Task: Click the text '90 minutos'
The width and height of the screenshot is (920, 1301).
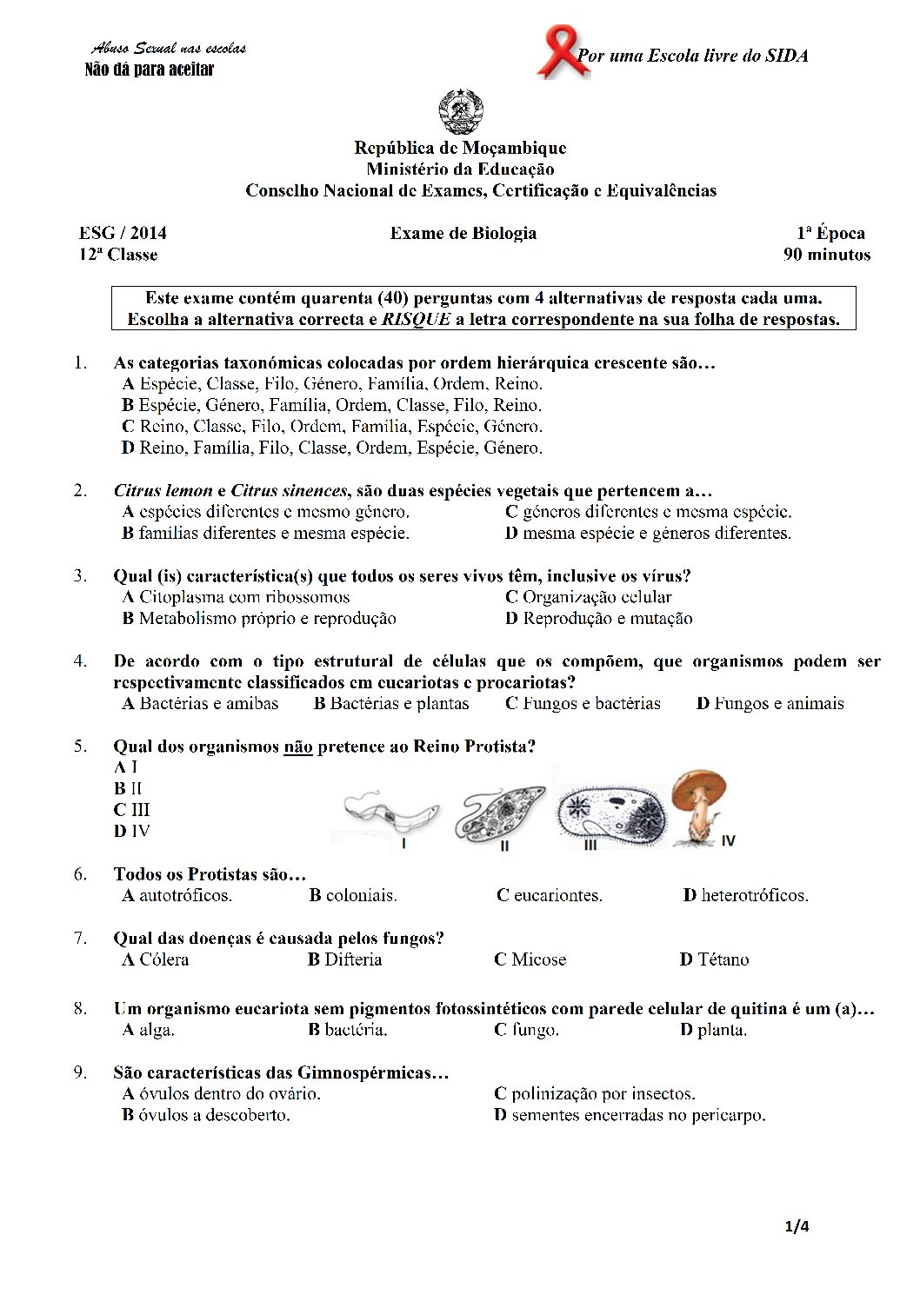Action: point(826,255)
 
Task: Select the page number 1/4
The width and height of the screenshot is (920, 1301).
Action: point(797,1226)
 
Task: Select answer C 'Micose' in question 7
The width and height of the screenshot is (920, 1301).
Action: point(530,959)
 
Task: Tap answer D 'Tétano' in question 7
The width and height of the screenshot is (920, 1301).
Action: point(714,959)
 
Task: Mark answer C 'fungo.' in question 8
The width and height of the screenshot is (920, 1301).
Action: point(526,1030)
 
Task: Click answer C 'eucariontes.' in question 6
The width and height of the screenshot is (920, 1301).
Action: point(549,895)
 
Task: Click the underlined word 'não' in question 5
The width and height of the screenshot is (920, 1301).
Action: point(297,747)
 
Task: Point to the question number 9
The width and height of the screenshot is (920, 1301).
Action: point(80,1072)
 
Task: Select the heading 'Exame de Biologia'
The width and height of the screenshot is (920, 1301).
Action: point(463,233)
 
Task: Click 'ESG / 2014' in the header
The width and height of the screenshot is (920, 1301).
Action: point(123,233)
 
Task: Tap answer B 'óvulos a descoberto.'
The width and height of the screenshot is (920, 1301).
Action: point(206,1115)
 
